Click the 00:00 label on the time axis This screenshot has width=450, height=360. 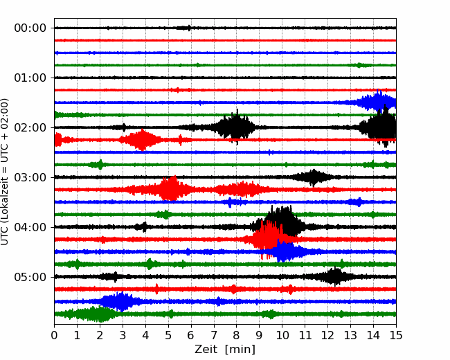click(x=30, y=28)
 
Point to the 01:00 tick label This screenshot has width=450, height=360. click(x=30, y=78)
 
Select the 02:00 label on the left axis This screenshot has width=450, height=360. click(x=30, y=127)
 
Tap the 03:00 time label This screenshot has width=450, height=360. click(x=30, y=177)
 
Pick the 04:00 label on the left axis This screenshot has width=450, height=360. click(x=30, y=227)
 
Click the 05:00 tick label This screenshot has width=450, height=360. click(x=30, y=277)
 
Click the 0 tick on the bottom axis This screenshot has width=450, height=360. click(x=54, y=335)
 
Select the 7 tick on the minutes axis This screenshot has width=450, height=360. click(x=214, y=335)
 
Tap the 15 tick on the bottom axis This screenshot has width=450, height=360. click(x=396, y=335)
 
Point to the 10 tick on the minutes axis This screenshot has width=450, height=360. click(x=282, y=335)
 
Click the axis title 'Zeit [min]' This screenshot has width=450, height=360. click(x=225, y=350)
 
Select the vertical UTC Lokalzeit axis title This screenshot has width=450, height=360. click(x=4, y=172)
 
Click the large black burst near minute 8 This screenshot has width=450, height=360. click(x=237, y=127)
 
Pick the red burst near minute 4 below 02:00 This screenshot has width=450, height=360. click(x=141, y=140)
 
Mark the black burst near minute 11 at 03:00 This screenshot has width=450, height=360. click(x=313, y=177)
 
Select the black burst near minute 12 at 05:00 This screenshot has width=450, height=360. click(x=334, y=276)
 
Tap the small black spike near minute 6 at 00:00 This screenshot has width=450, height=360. click(x=189, y=28)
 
